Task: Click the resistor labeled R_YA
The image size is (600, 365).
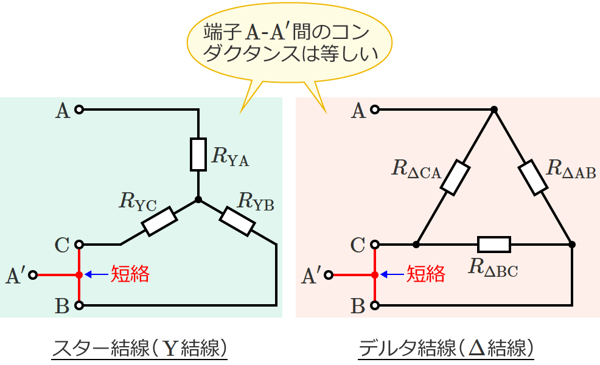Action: tap(198, 155)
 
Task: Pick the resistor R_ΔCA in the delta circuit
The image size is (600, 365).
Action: tap(455, 178)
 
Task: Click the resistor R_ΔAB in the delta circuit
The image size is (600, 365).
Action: tap(533, 178)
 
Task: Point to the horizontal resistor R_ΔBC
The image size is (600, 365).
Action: tap(494, 245)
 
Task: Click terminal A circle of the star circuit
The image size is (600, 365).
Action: tap(78, 110)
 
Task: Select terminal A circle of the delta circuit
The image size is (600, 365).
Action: tap(375, 110)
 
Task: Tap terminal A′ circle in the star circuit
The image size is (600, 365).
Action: tap(33, 275)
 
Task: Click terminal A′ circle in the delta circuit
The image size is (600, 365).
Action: tap(329, 275)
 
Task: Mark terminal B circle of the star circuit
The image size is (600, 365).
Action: tap(78, 304)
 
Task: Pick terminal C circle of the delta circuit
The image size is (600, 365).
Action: tap(375, 245)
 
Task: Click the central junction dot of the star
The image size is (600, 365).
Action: tap(198, 200)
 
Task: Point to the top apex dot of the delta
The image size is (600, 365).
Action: tap(494, 110)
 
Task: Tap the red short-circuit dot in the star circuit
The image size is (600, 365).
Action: tap(78, 275)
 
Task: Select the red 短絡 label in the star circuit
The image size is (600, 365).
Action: tap(129, 274)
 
